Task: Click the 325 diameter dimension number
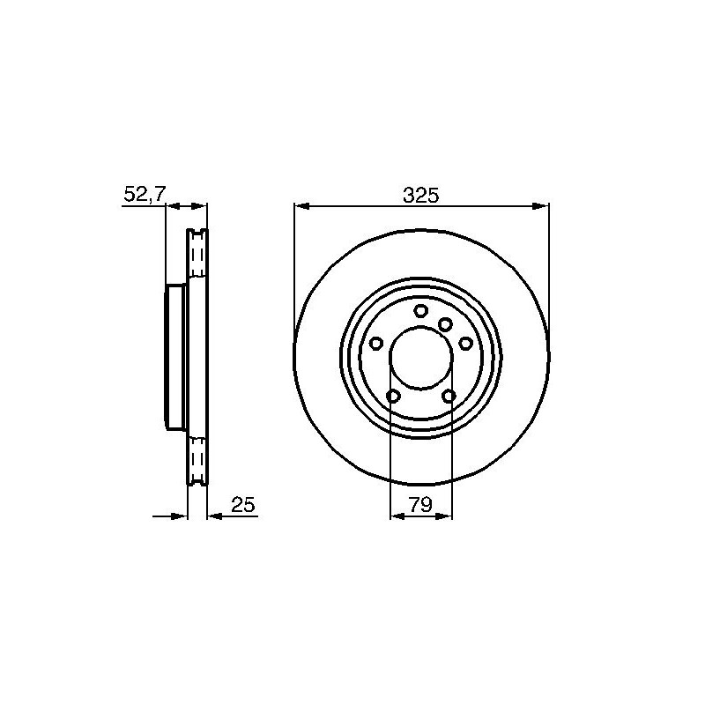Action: coord(420,196)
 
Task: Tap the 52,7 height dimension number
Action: coord(145,194)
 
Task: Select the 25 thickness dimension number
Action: coord(243,504)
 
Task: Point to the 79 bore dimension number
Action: coord(420,504)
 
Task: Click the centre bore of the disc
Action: coord(421,358)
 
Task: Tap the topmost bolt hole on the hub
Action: coord(421,310)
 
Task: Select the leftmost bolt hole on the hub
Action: coord(376,344)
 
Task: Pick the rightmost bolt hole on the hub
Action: coord(466,344)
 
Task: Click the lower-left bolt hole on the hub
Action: coord(393,396)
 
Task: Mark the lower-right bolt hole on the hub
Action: coord(449,396)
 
